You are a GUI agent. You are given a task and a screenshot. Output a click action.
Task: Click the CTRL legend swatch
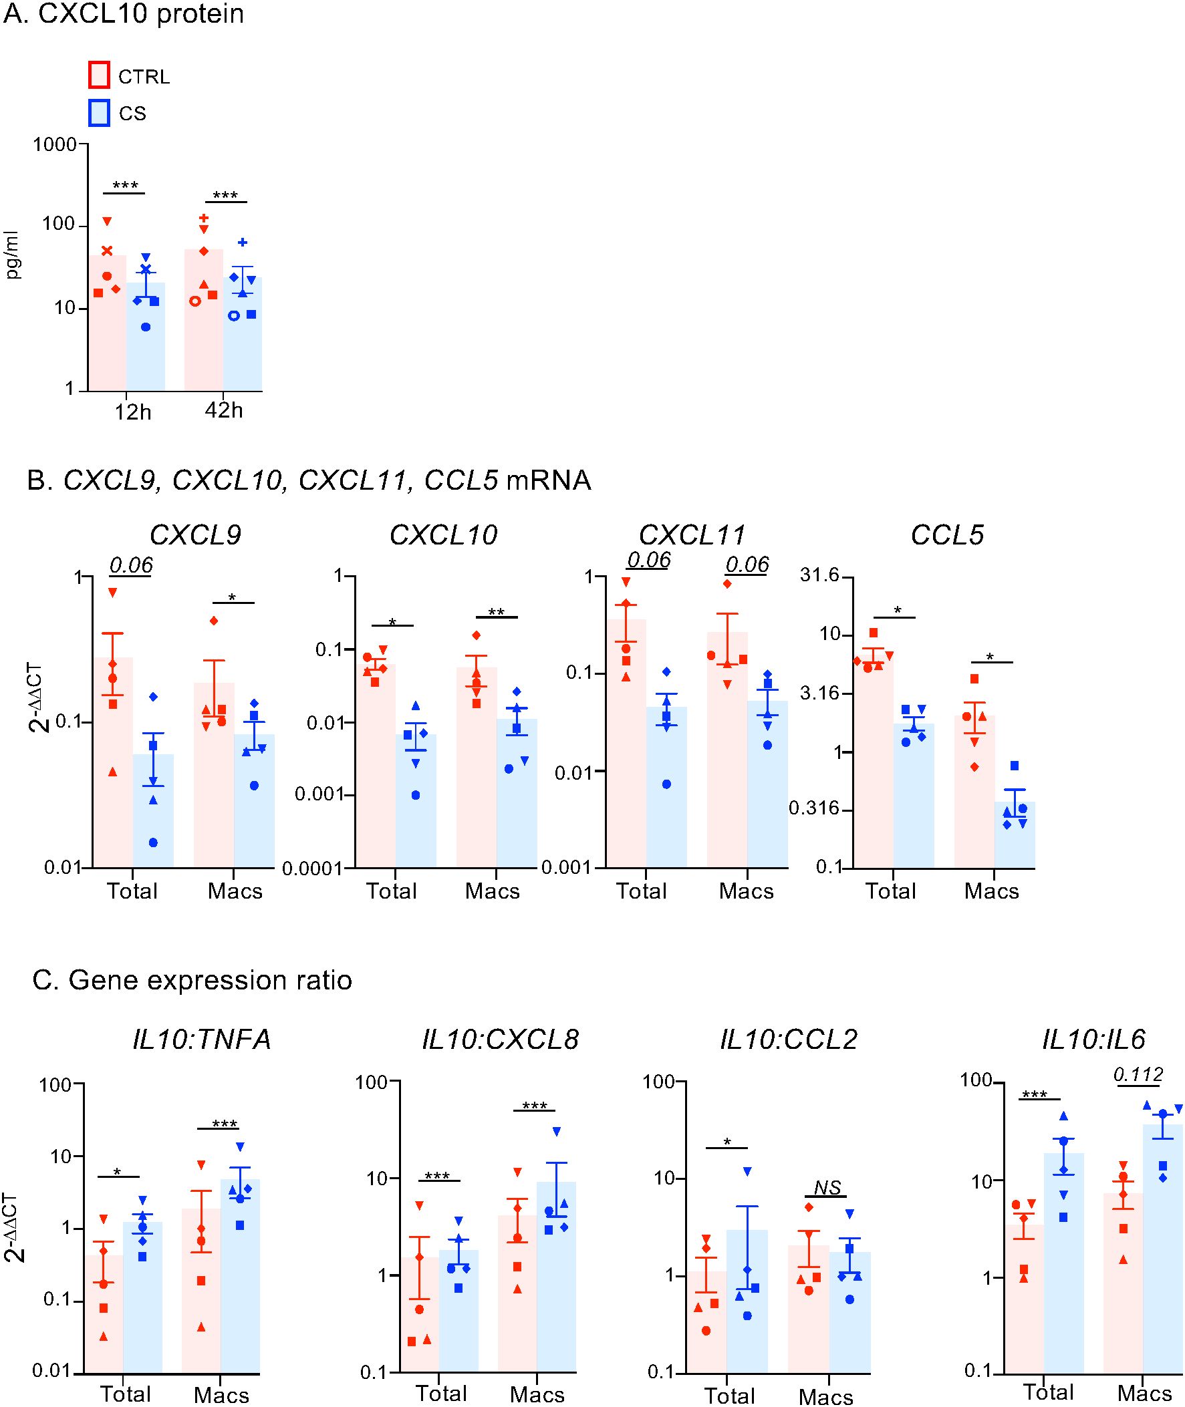point(99,75)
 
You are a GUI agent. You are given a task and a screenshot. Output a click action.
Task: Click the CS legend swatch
point(99,113)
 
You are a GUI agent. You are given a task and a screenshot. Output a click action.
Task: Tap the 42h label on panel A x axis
point(224,410)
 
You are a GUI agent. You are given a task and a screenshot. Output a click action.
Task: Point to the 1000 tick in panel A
point(54,144)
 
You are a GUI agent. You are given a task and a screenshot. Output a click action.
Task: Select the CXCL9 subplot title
point(194,535)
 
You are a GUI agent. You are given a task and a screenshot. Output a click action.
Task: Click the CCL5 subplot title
point(947,535)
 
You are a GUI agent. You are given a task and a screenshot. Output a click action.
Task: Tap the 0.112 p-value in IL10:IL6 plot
point(1138,1074)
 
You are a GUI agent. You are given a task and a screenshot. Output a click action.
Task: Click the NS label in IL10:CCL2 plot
point(827,1188)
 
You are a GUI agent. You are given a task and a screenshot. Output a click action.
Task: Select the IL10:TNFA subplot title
point(202,1040)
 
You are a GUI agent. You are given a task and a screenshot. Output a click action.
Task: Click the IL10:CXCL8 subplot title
point(501,1040)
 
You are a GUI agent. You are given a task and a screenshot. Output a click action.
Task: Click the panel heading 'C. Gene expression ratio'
point(192,980)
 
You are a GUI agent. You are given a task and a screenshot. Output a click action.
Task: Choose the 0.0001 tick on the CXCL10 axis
point(313,869)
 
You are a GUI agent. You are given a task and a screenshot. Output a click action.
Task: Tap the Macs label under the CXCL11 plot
point(746,891)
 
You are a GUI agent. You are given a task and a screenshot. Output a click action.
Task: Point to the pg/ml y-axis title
point(13,255)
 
